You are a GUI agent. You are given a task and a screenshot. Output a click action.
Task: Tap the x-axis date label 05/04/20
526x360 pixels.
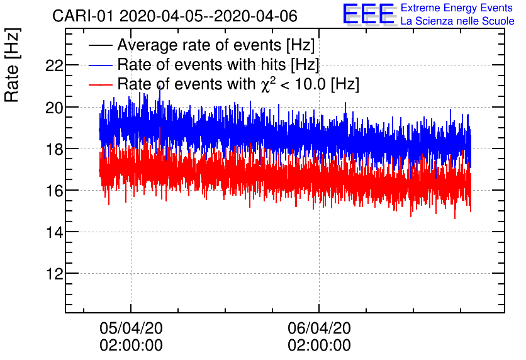coord(131,328)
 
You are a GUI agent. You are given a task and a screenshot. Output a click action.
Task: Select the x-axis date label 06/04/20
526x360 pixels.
coord(319,328)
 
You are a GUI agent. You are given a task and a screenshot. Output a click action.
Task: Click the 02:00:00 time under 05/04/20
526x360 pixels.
coord(131,346)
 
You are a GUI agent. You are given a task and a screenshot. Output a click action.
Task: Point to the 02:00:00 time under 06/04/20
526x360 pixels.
coord(319,346)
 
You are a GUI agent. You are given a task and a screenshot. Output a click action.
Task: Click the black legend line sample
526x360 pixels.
coord(101,45)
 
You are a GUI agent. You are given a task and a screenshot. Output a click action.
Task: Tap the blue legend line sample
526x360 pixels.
coord(101,65)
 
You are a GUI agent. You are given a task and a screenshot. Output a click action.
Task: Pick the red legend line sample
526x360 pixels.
coord(101,84)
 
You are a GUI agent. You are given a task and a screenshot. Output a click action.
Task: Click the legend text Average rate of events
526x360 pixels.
coord(216,45)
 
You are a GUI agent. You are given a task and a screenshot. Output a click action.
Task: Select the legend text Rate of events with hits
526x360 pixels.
coord(218,65)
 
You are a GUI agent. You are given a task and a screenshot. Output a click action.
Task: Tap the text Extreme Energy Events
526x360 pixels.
coord(456,8)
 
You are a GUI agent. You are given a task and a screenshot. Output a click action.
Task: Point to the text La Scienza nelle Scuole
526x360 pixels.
coord(457,21)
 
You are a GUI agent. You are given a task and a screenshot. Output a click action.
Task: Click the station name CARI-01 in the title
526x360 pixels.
coord(79,16)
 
